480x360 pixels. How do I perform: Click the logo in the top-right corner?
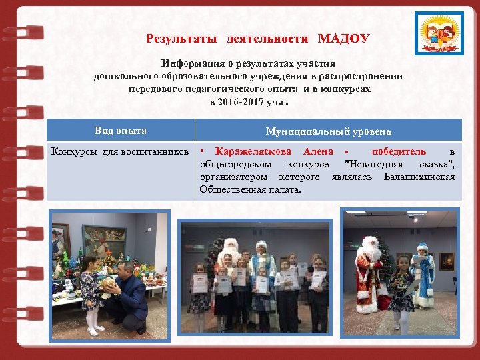437,33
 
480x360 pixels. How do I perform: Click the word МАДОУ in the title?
343,39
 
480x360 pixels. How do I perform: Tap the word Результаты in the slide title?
181,39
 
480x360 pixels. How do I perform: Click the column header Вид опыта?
121,131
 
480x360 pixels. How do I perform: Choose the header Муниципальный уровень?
329,131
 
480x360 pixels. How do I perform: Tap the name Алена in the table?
318,152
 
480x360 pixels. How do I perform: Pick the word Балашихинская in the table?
419,177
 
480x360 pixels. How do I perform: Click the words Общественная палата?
250,190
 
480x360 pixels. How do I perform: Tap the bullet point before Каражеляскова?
203,152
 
